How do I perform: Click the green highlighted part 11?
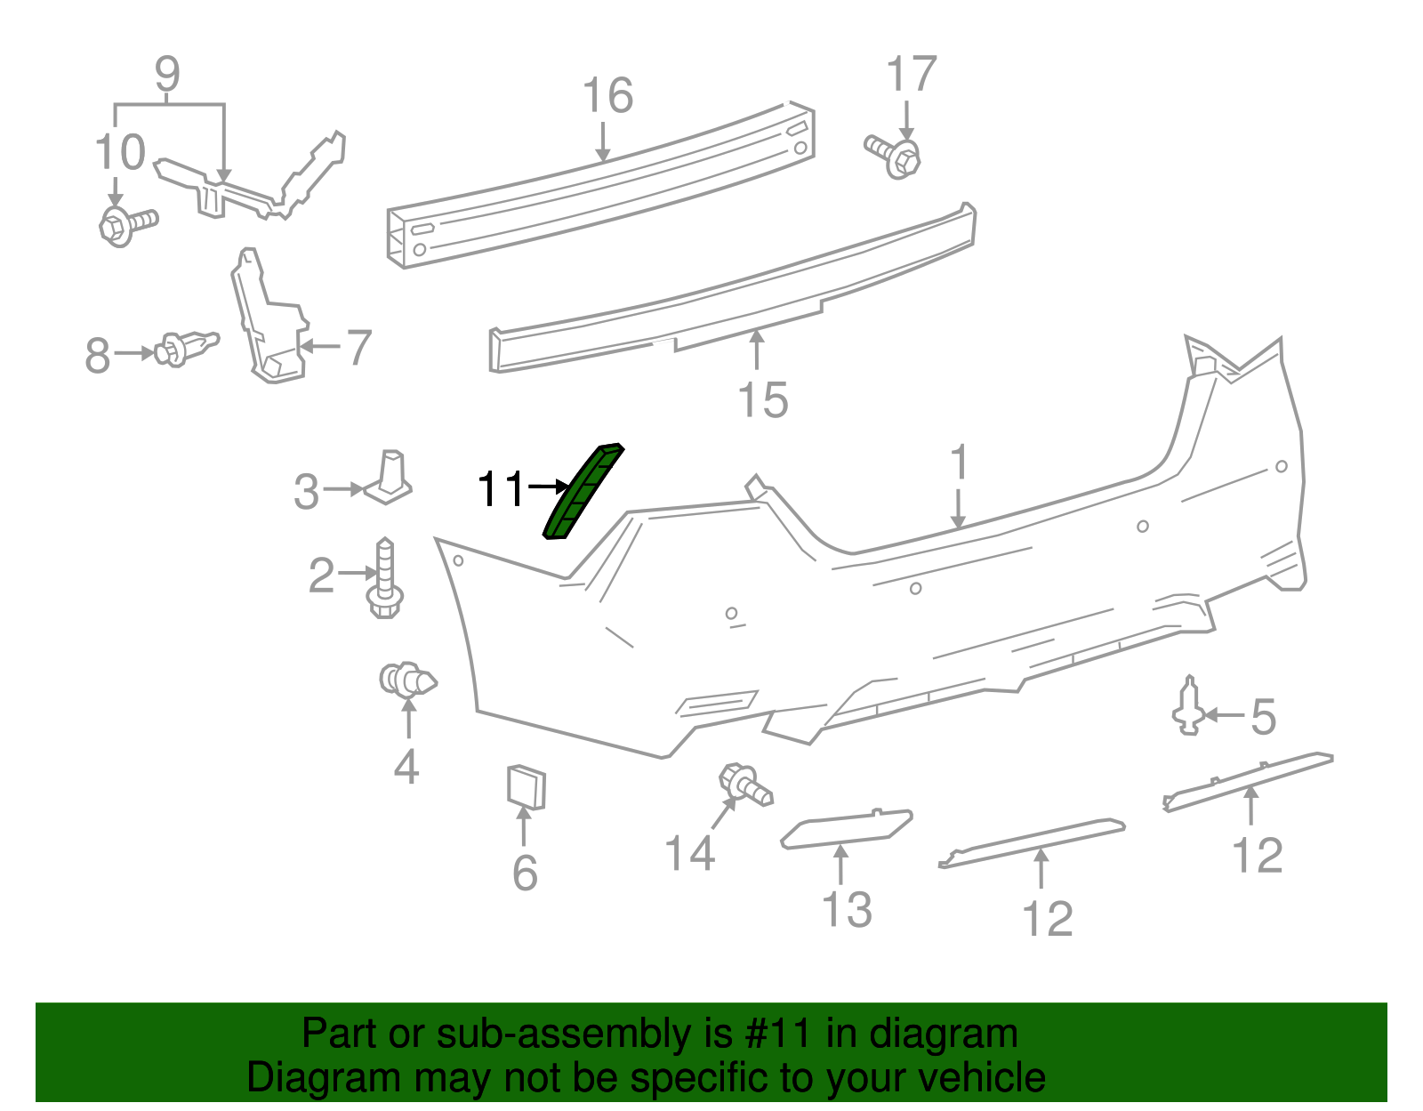[x=583, y=492]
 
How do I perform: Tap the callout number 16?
[x=607, y=96]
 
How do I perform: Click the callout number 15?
[x=763, y=399]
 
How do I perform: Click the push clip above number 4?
[x=407, y=681]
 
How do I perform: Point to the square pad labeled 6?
[x=526, y=787]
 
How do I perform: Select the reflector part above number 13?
[x=846, y=828]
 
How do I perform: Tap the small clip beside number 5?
[x=1189, y=708]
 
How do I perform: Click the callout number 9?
[x=167, y=75]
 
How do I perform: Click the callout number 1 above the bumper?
[x=958, y=463]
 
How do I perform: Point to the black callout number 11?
[x=502, y=488]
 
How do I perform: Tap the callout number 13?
[x=846, y=909]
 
